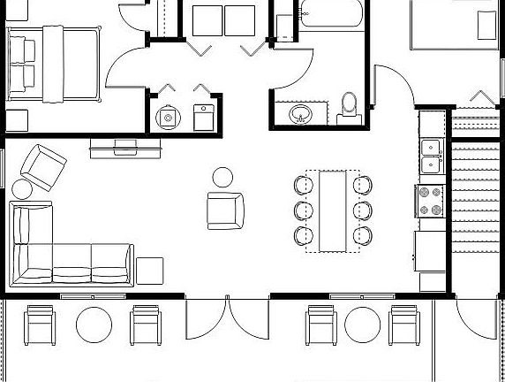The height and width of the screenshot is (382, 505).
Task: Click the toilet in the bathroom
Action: (349, 106)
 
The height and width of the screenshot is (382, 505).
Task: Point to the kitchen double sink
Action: (432, 156)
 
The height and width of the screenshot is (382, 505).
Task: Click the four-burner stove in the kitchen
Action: (430, 201)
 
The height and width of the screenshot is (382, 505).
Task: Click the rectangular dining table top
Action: (332, 211)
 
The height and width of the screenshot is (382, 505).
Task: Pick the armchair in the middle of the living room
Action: (224, 210)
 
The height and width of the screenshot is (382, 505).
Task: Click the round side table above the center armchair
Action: (223, 177)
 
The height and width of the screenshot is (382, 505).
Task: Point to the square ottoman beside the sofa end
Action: (149, 270)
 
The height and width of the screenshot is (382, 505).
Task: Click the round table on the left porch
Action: (94, 325)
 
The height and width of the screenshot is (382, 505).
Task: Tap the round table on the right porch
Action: (362, 325)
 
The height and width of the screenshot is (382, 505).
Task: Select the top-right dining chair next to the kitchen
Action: (362, 186)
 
